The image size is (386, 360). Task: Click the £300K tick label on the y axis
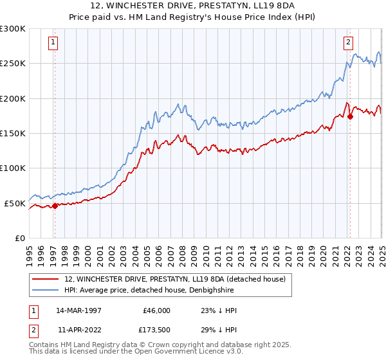(x=13, y=29)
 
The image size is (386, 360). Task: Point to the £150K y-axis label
(x=13, y=134)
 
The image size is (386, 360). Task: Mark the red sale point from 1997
(x=55, y=206)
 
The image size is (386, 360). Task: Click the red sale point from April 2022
(x=350, y=117)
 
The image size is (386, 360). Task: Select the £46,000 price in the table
(x=156, y=310)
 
